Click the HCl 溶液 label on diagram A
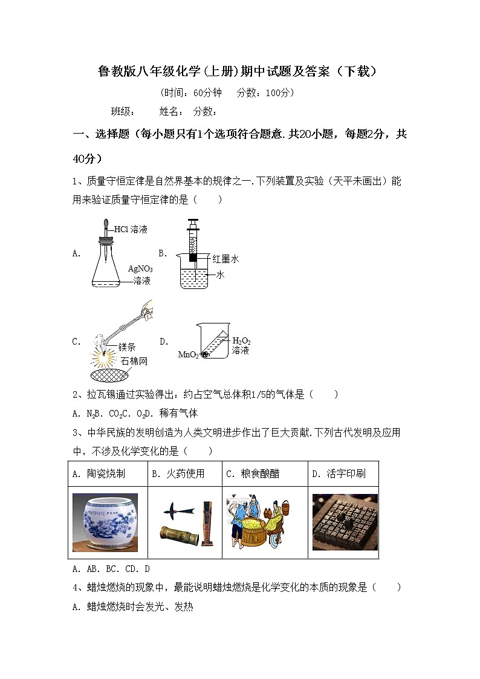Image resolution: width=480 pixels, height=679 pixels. tap(131, 229)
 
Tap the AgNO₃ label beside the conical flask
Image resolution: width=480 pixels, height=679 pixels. tap(140, 268)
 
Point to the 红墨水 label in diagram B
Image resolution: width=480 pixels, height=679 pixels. tap(225, 259)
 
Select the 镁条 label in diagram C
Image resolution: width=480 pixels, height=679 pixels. tap(127, 347)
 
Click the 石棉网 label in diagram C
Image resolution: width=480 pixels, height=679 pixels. tap(134, 361)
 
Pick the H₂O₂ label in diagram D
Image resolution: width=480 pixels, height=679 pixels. tap(241, 340)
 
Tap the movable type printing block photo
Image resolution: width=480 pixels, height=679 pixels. tap(345, 522)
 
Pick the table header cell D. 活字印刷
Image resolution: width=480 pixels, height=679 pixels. tap(339, 474)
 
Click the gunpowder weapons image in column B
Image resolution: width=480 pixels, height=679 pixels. tap(184, 522)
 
